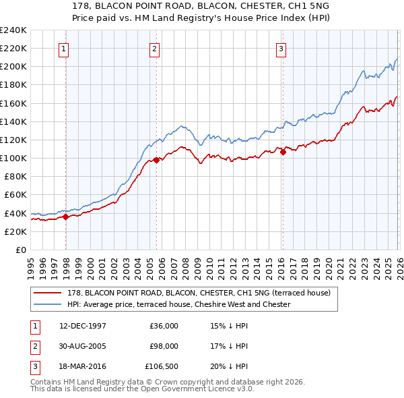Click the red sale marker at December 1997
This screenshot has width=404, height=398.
[x=66, y=217]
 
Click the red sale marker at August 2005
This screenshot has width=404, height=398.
[x=156, y=160]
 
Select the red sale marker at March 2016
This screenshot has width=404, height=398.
[x=283, y=152]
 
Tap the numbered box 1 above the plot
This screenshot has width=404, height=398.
[x=64, y=48]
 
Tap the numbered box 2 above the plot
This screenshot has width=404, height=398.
[x=154, y=48]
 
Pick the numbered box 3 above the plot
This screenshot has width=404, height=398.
[x=281, y=48]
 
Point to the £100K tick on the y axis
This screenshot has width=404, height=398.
[x=13, y=158]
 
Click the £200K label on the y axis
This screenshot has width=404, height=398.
[x=13, y=66]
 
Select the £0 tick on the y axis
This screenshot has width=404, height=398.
[x=20, y=250]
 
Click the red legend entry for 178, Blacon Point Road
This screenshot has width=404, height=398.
[x=199, y=293]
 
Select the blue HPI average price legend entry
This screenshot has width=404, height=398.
[x=178, y=304]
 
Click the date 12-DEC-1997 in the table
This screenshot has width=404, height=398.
[x=83, y=325]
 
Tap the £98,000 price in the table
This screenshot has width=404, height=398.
[x=164, y=346]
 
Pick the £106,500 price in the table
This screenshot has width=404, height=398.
[x=162, y=367]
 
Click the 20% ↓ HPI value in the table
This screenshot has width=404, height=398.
[x=229, y=367]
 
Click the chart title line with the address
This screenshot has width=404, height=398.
[x=202, y=7]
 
